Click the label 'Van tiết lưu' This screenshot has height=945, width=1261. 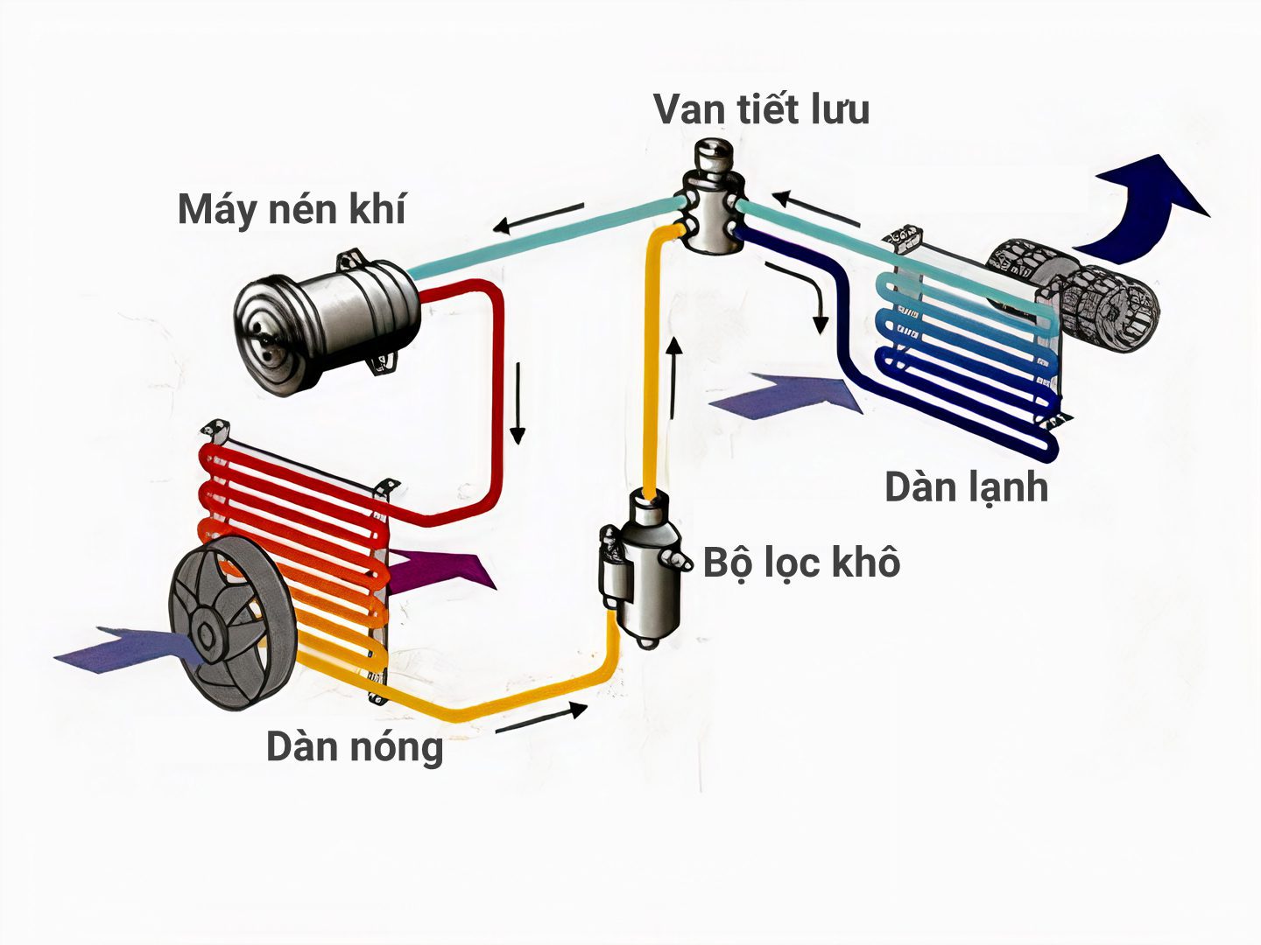pos(761,109)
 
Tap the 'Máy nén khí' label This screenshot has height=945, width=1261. pos(292,210)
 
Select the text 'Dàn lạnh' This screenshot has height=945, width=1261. pos(966,487)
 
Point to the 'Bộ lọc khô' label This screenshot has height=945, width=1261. pos(802,562)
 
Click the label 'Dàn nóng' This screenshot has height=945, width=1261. pos(355,747)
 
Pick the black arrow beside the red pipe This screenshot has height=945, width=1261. pos(518,402)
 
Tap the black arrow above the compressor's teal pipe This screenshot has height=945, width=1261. pos(538,219)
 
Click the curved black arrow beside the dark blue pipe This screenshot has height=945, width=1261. pos(806,293)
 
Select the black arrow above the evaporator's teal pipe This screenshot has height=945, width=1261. pos(814,207)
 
